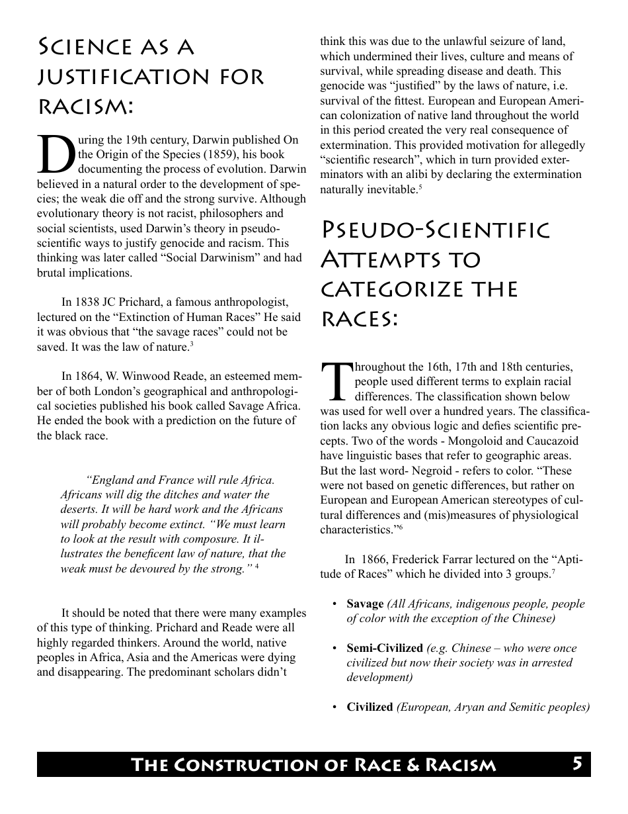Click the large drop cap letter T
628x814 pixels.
pyautogui.click(x=336, y=382)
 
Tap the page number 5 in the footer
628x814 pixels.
pyautogui.click(x=577, y=764)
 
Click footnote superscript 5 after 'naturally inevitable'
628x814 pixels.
pyautogui.click(x=420, y=188)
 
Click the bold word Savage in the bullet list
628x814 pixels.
pyautogui.click(x=365, y=604)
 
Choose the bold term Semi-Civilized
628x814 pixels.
pyautogui.click(x=385, y=648)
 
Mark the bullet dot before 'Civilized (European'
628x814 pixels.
pyautogui.click(x=335, y=707)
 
